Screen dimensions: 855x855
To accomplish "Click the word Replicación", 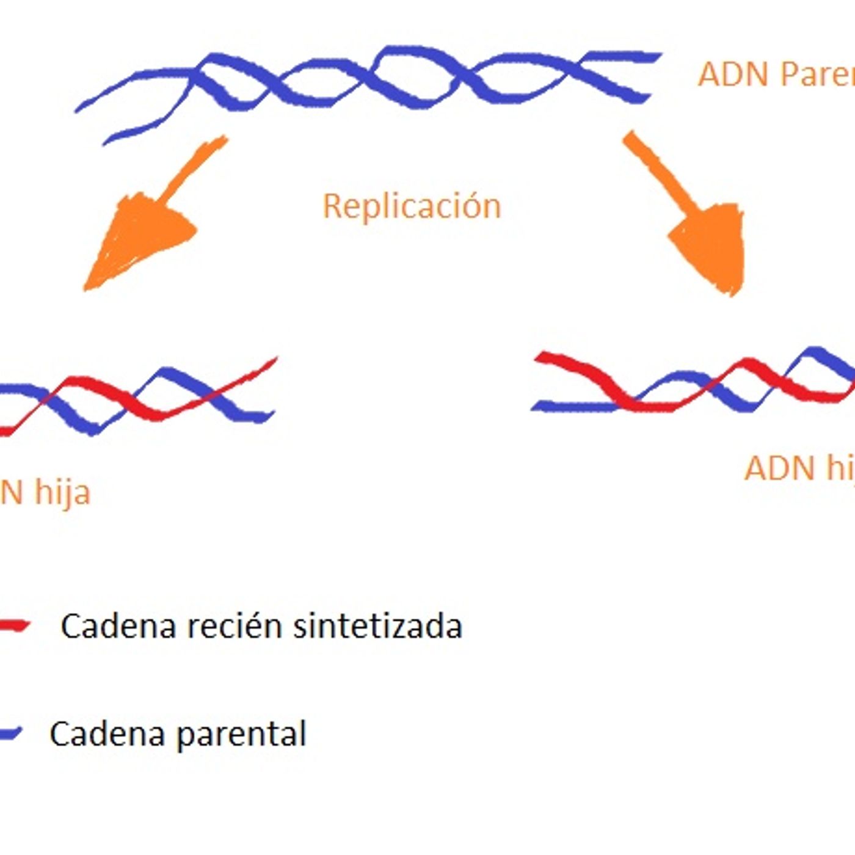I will pos(412,206).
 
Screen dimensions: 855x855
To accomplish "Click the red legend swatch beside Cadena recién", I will pos(13,625).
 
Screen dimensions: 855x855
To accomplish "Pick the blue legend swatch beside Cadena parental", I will pos(10,733).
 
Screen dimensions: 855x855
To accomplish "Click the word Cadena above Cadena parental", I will pos(118,626).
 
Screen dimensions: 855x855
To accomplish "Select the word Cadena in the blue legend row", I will pos(107,733).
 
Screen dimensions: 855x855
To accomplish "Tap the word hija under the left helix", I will pos(62,492).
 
